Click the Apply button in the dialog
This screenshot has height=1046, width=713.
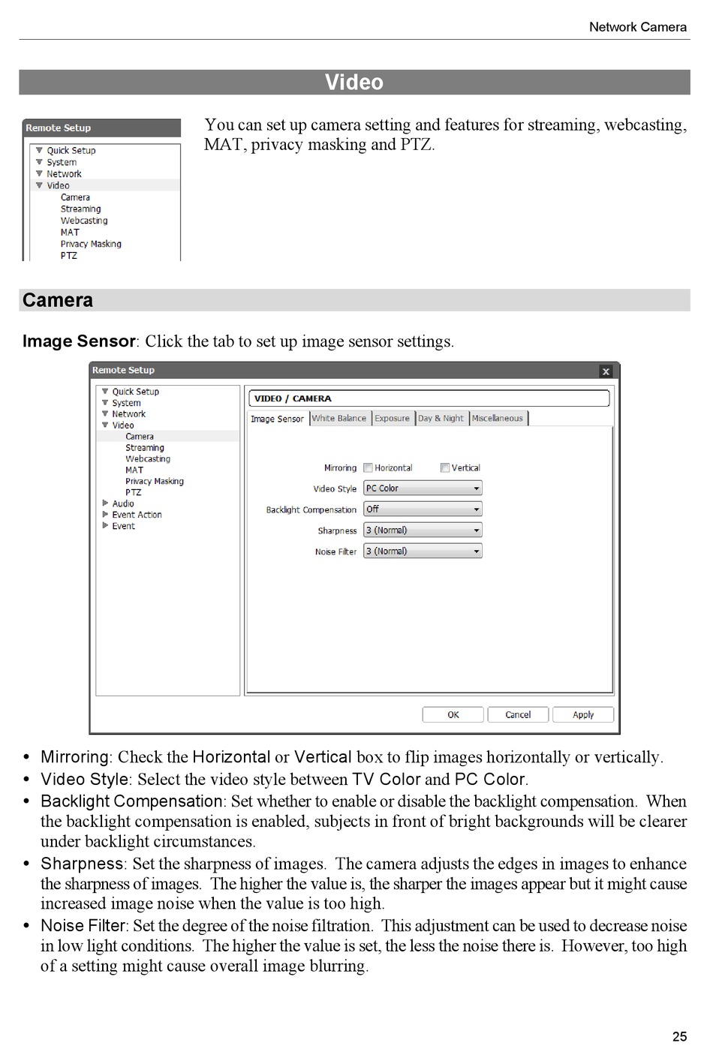tap(582, 714)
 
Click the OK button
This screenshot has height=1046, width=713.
tap(453, 714)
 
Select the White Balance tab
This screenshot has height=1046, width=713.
tap(339, 418)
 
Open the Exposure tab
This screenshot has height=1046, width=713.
tap(392, 418)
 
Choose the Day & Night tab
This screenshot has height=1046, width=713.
tap(441, 418)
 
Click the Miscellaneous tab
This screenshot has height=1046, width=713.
tap(498, 418)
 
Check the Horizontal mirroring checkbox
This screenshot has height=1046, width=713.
tap(369, 467)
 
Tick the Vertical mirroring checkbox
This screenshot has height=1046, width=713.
tap(445, 467)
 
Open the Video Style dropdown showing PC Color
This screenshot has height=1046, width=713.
tap(423, 488)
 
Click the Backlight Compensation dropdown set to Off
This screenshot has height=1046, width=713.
tap(423, 509)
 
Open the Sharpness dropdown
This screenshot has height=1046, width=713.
tap(423, 531)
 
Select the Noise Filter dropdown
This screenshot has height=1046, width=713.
tap(423, 552)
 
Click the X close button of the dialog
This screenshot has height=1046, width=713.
tap(606, 371)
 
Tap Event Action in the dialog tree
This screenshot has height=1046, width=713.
tap(137, 515)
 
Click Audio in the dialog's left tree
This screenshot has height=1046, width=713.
tap(123, 503)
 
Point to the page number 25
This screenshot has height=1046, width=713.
tap(679, 1036)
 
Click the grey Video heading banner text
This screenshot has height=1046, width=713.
tap(354, 83)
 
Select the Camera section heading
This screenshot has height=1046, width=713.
tap(58, 300)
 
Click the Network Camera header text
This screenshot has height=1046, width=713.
tap(637, 27)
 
